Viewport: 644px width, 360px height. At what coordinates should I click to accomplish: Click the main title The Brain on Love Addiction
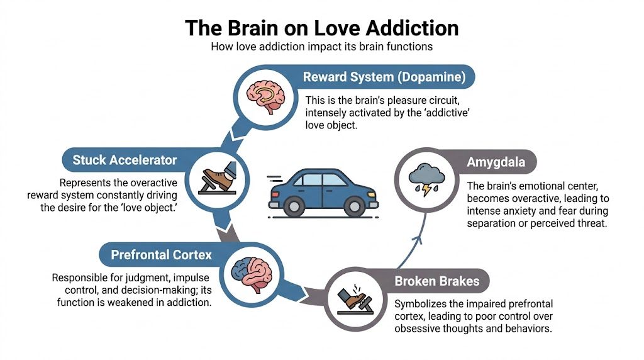point(321,28)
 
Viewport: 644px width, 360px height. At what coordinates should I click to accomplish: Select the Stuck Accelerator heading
point(124,160)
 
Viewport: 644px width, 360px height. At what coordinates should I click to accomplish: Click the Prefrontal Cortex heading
point(162,255)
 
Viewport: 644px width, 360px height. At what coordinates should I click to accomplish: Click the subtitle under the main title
point(321,47)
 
